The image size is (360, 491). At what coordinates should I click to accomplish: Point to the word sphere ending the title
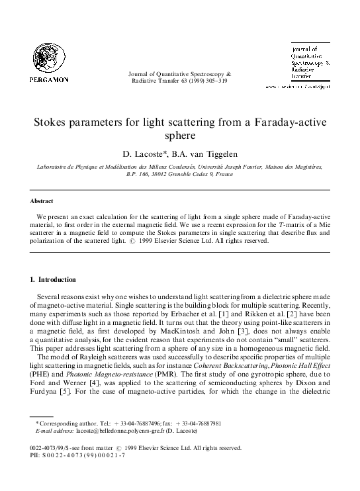click(x=180, y=138)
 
